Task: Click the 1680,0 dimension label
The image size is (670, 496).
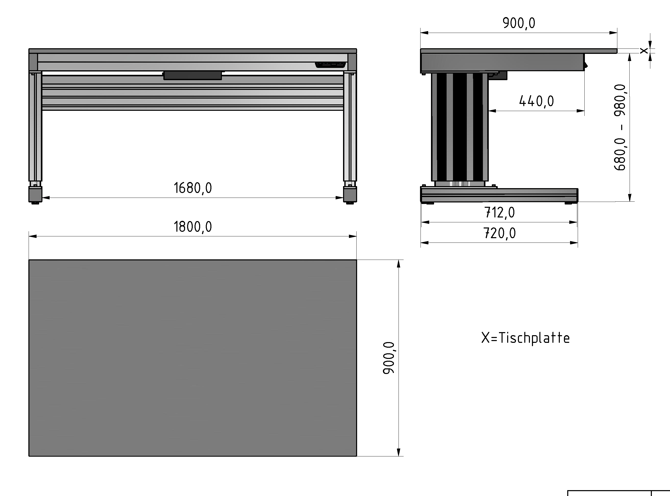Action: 193,188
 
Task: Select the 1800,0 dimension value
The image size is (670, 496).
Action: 193,227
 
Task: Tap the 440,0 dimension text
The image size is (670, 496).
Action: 536,101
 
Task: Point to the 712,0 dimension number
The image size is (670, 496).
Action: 499,213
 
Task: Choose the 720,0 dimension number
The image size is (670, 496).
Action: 499,233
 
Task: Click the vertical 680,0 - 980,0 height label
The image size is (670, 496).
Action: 620,127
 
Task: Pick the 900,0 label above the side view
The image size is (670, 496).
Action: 519,23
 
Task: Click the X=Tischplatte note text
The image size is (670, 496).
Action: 525,338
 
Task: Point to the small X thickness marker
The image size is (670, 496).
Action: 643,51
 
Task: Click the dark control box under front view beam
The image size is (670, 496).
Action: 193,75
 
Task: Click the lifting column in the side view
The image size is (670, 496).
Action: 460,126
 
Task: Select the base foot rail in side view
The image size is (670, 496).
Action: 499,195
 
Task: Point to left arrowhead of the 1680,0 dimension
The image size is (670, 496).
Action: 46,198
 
